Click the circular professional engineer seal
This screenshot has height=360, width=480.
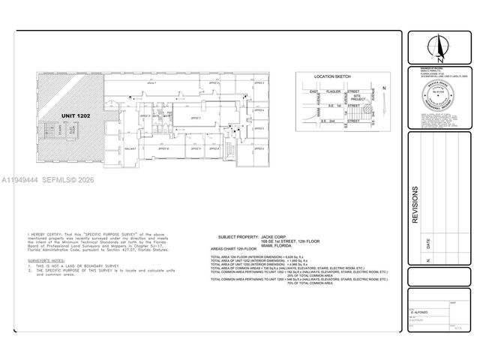pos(439,97)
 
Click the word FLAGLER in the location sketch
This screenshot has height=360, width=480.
pos(334,91)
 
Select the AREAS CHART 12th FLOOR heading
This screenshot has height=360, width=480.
pos(233,248)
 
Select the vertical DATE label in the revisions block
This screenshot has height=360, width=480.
pos(429,243)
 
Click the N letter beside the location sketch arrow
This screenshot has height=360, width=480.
pos(383,88)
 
